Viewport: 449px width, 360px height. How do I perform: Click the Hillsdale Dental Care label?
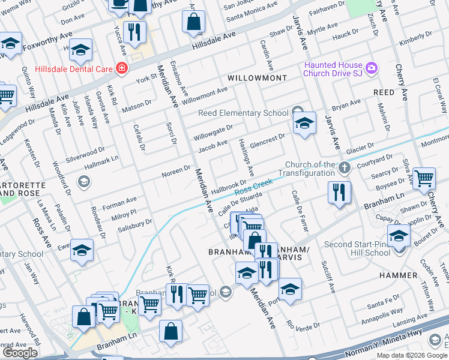[x=74, y=69]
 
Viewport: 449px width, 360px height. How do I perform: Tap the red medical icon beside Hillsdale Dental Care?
[x=122, y=68]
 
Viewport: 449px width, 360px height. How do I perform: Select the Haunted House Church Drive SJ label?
[x=333, y=69]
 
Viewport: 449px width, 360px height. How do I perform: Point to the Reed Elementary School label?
[x=244, y=113]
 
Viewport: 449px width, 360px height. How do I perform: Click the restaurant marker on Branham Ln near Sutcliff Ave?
[x=339, y=192]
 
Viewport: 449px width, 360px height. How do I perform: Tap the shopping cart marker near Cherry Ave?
[x=424, y=177]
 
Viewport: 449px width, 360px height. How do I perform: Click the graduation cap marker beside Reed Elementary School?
[x=304, y=124]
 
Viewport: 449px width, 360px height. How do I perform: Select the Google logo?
[x=20, y=352]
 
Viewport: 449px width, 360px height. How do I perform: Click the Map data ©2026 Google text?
[x=411, y=355]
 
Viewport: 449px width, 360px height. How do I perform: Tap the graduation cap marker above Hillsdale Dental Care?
[x=80, y=51]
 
